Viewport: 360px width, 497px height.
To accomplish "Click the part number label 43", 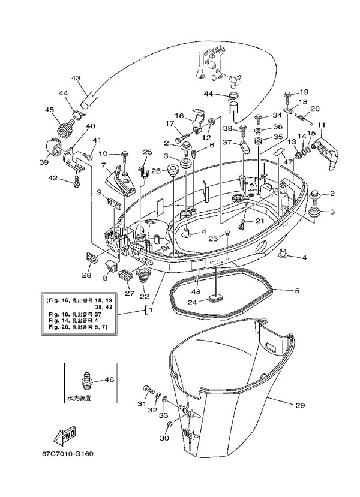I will click(x=76, y=78).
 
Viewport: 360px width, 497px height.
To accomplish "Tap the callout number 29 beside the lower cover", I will click(x=300, y=405).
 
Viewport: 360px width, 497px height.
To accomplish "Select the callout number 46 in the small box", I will click(x=109, y=379).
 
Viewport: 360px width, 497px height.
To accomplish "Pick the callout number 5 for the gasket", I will click(x=296, y=291).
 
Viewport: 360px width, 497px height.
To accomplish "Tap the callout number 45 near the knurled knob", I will click(x=49, y=110).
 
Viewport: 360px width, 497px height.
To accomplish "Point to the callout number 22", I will click(x=144, y=296).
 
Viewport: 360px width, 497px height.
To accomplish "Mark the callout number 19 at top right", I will click(x=304, y=92).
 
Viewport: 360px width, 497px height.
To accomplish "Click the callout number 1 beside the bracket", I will click(x=151, y=310).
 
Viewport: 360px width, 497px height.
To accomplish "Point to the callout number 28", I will click(x=86, y=275).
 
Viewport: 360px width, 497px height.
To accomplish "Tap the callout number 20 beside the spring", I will click(x=315, y=109).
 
